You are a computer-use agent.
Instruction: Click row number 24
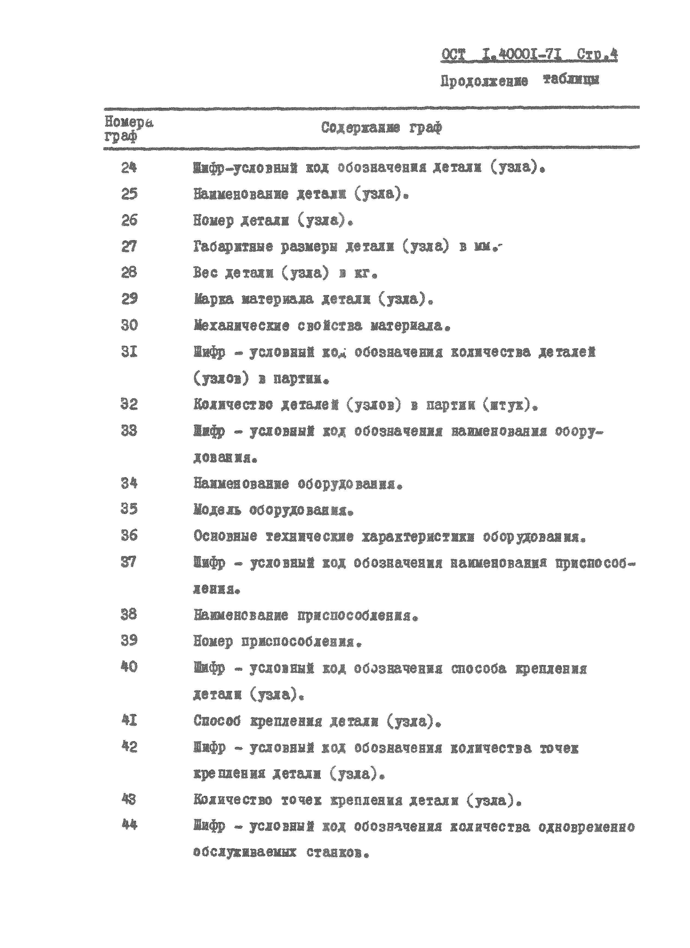point(129,168)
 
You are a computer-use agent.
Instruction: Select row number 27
point(129,247)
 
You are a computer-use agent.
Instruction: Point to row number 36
point(129,535)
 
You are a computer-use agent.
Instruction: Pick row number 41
point(129,720)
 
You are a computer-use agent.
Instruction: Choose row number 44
point(129,825)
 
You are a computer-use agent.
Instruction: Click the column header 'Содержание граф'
point(381,128)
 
